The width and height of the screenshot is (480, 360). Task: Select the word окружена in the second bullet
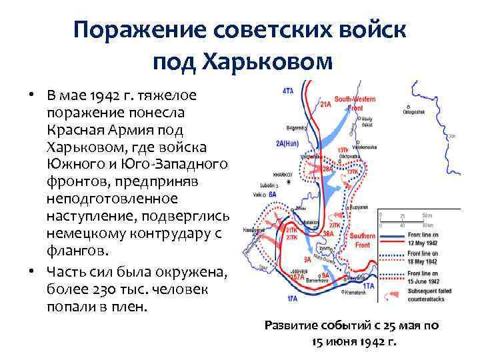(195, 273)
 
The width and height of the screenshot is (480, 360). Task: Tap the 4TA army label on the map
(287, 91)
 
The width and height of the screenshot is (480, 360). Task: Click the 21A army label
(325, 105)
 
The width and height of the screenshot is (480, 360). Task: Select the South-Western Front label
(356, 103)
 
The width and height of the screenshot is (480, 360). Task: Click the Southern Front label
(362, 241)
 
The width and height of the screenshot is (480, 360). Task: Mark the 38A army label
(328, 234)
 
